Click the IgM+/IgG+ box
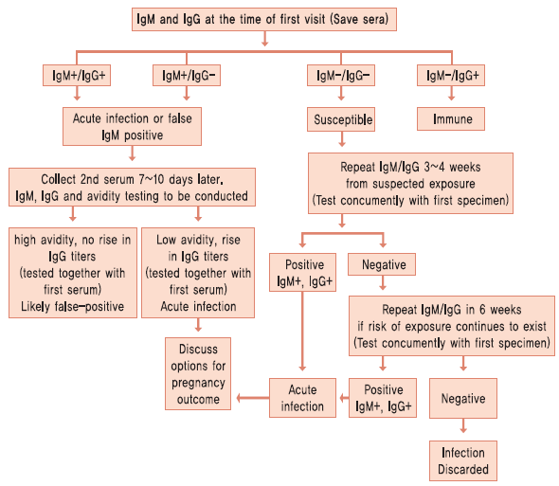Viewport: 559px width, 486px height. [x=77, y=75]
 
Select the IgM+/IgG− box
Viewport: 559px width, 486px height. [x=187, y=75]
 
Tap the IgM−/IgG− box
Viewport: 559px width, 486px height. [x=341, y=75]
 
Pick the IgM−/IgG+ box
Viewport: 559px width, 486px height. [x=451, y=75]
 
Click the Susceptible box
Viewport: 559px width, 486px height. [x=341, y=119]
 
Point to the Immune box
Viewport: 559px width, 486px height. [x=451, y=118]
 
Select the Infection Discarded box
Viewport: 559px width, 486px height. [x=463, y=460]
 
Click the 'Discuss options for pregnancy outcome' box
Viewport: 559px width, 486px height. [x=198, y=373]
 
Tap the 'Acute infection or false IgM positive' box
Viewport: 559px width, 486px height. [x=132, y=126]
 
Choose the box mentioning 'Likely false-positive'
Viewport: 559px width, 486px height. [x=73, y=273]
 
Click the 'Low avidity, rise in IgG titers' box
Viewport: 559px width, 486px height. [x=198, y=273]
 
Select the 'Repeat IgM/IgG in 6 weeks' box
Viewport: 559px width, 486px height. [x=452, y=326]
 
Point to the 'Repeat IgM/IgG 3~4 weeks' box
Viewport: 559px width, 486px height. [x=410, y=183]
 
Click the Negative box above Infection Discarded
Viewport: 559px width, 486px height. [x=463, y=398]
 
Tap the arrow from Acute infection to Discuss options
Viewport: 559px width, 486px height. [x=253, y=398]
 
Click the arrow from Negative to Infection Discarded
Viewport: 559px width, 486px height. [x=463, y=425]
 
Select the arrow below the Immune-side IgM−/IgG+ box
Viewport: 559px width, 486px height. [x=451, y=93]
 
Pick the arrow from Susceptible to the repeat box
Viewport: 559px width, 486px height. [x=342, y=139]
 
